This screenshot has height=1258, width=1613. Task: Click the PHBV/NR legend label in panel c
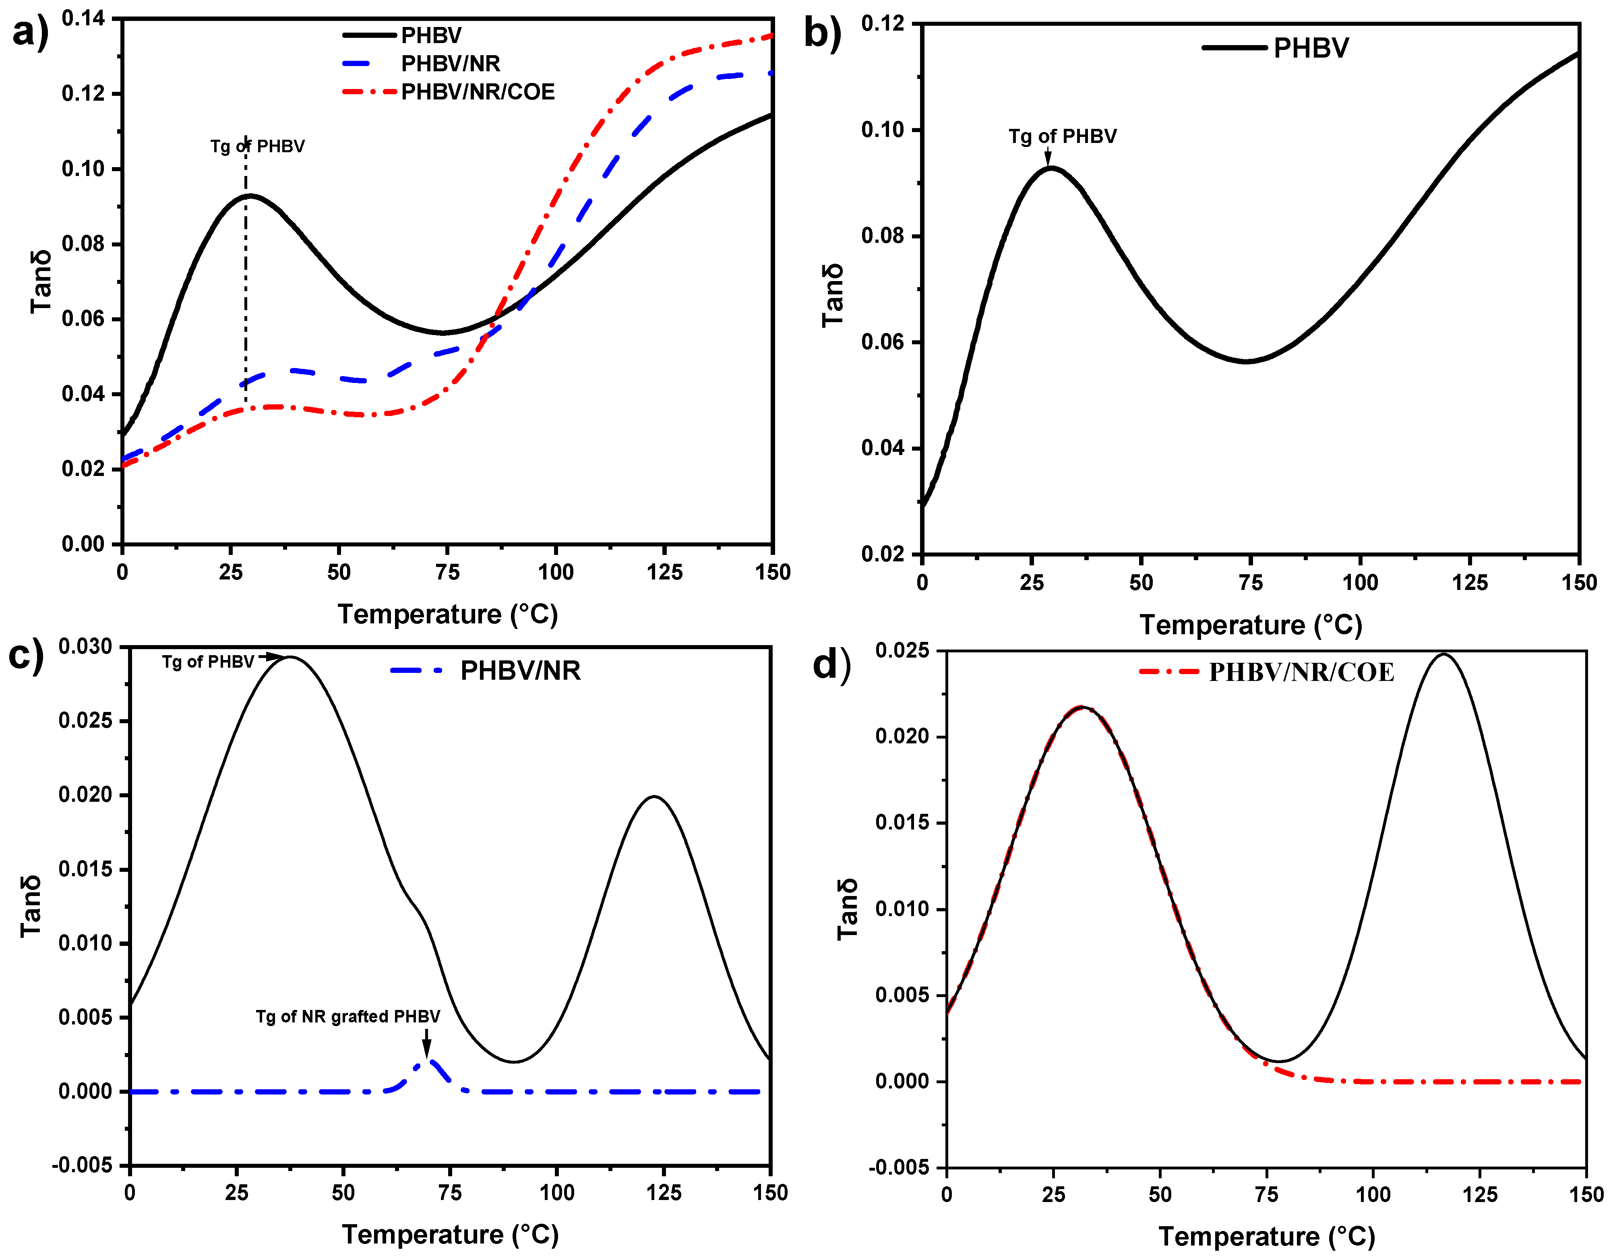520,671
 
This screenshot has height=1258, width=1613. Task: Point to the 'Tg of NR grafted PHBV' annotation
348,1016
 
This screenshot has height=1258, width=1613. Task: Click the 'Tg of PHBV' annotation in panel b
1062,136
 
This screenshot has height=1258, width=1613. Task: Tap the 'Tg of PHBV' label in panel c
208,662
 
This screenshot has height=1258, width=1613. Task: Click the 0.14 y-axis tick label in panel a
83,19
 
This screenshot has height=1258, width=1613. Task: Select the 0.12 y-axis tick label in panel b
883,24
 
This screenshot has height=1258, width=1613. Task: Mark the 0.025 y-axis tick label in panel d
902,651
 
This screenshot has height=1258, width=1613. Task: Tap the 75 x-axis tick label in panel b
1250,583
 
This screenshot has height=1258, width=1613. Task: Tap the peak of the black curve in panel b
1049,168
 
